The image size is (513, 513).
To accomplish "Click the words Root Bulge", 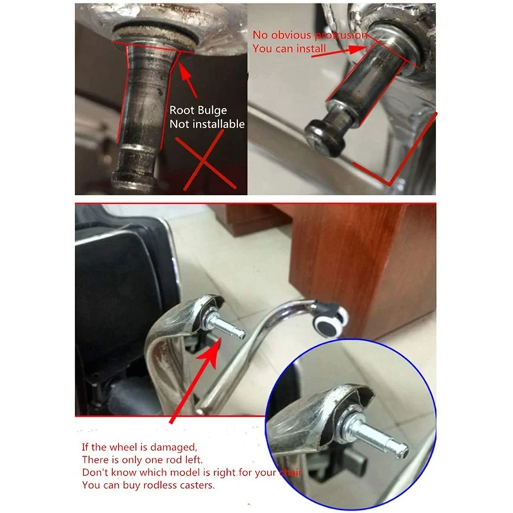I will pyautogui.click(x=198, y=110).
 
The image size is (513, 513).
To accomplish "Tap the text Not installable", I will pyautogui.click(x=207, y=124).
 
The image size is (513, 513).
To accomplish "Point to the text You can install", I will pyautogui.click(x=289, y=49).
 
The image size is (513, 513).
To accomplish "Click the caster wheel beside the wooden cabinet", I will pyautogui.click(x=332, y=318).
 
